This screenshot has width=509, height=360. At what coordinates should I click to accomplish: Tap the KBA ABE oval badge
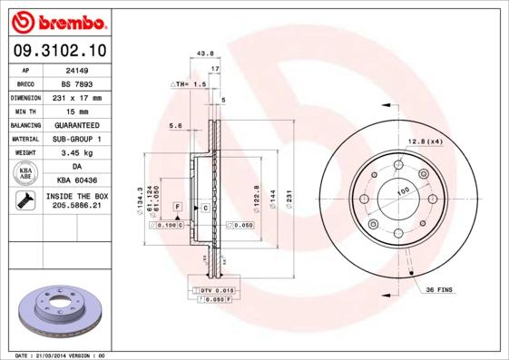point(26,173)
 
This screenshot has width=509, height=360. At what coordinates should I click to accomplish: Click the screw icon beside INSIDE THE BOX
point(25,201)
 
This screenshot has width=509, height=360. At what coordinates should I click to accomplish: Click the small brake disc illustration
point(62,312)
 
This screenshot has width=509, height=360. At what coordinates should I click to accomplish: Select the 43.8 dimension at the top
point(205,54)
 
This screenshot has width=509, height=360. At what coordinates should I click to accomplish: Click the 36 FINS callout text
point(440,289)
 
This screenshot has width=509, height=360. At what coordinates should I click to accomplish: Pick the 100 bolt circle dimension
point(402,190)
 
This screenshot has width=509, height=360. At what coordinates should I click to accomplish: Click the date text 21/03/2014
point(56,355)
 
